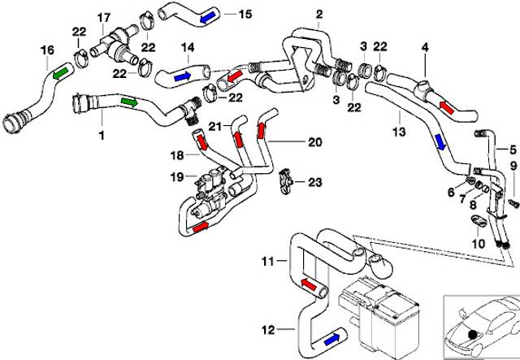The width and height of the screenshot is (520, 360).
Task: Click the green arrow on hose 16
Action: tap(60, 73)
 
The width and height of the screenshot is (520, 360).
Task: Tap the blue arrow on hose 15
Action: tap(209, 15)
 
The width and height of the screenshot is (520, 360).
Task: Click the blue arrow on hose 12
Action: tap(331, 337)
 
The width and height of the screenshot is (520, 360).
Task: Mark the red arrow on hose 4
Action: tap(447, 104)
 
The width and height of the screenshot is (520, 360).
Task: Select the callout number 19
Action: tap(176, 176)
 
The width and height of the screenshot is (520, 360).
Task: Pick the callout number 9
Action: tap(512, 167)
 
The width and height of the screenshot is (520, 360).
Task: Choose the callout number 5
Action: tap(512, 148)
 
